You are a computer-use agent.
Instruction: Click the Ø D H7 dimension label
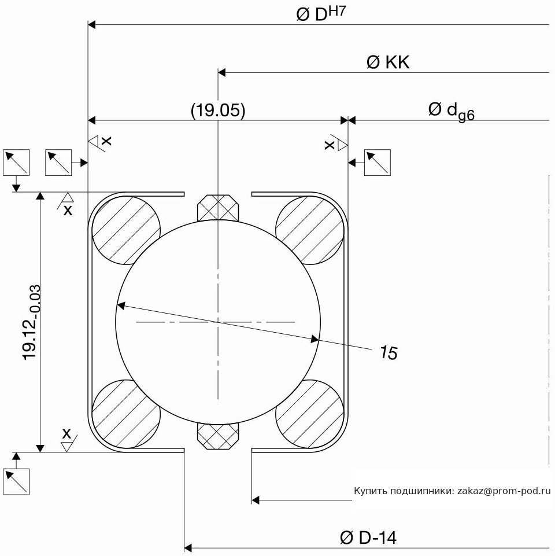[x=321, y=15]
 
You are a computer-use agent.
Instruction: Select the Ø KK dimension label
[x=388, y=62]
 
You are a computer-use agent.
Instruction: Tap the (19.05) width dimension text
[x=218, y=111]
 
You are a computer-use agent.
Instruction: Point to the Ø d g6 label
[x=451, y=111]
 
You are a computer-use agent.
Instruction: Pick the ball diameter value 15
[x=388, y=353]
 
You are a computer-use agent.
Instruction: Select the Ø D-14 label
[x=368, y=538]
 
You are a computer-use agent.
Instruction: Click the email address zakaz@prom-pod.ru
[x=504, y=491]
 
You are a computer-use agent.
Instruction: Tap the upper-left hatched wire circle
[x=126, y=230]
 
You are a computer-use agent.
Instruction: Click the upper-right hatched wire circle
[x=310, y=230]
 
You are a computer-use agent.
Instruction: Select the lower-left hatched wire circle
[x=126, y=414]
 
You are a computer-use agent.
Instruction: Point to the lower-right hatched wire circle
[x=310, y=414]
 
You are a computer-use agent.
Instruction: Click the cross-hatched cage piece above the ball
[x=218, y=208]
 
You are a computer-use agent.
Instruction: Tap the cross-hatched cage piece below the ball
[x=218, y=436]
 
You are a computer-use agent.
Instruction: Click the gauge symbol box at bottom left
[x=16, y=481]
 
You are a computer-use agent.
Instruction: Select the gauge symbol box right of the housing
[x=378, y=163]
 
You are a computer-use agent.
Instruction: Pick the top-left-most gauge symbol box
[x=16, y=163]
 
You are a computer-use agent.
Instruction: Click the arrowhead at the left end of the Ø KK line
[x=222, y=73]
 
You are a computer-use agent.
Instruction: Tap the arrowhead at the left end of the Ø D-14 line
[x=188, y=547]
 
